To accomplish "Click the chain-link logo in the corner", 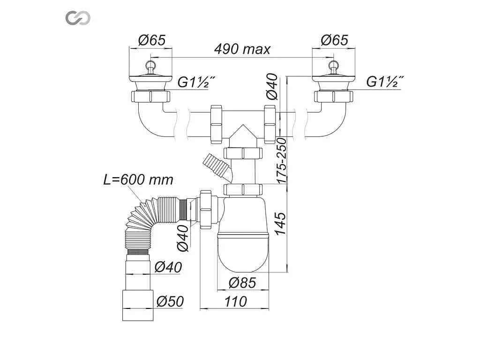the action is (x=78, y=18).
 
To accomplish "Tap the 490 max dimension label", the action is (x=242, y=49).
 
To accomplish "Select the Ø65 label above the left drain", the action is (x=152, y=40).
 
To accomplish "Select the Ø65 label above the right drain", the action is (x=335, y=40).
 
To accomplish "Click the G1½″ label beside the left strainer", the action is (x=196, y=82).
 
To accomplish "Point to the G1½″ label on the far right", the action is (x=384, y=82).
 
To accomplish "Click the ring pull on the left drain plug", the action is (x=150, y=65).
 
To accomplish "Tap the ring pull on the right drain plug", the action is (x=333, y=65).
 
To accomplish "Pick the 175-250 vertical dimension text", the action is (x=282, y=161).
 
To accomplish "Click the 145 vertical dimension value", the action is (x=280, y=224).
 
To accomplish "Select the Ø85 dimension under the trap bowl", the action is (x=242, y=283).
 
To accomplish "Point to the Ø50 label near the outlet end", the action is (x=170, y=301).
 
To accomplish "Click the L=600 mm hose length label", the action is (x=138, y=180).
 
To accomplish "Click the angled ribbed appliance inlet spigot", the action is (x=218, y=168).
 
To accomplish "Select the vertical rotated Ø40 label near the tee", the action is (x=272, y=87).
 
